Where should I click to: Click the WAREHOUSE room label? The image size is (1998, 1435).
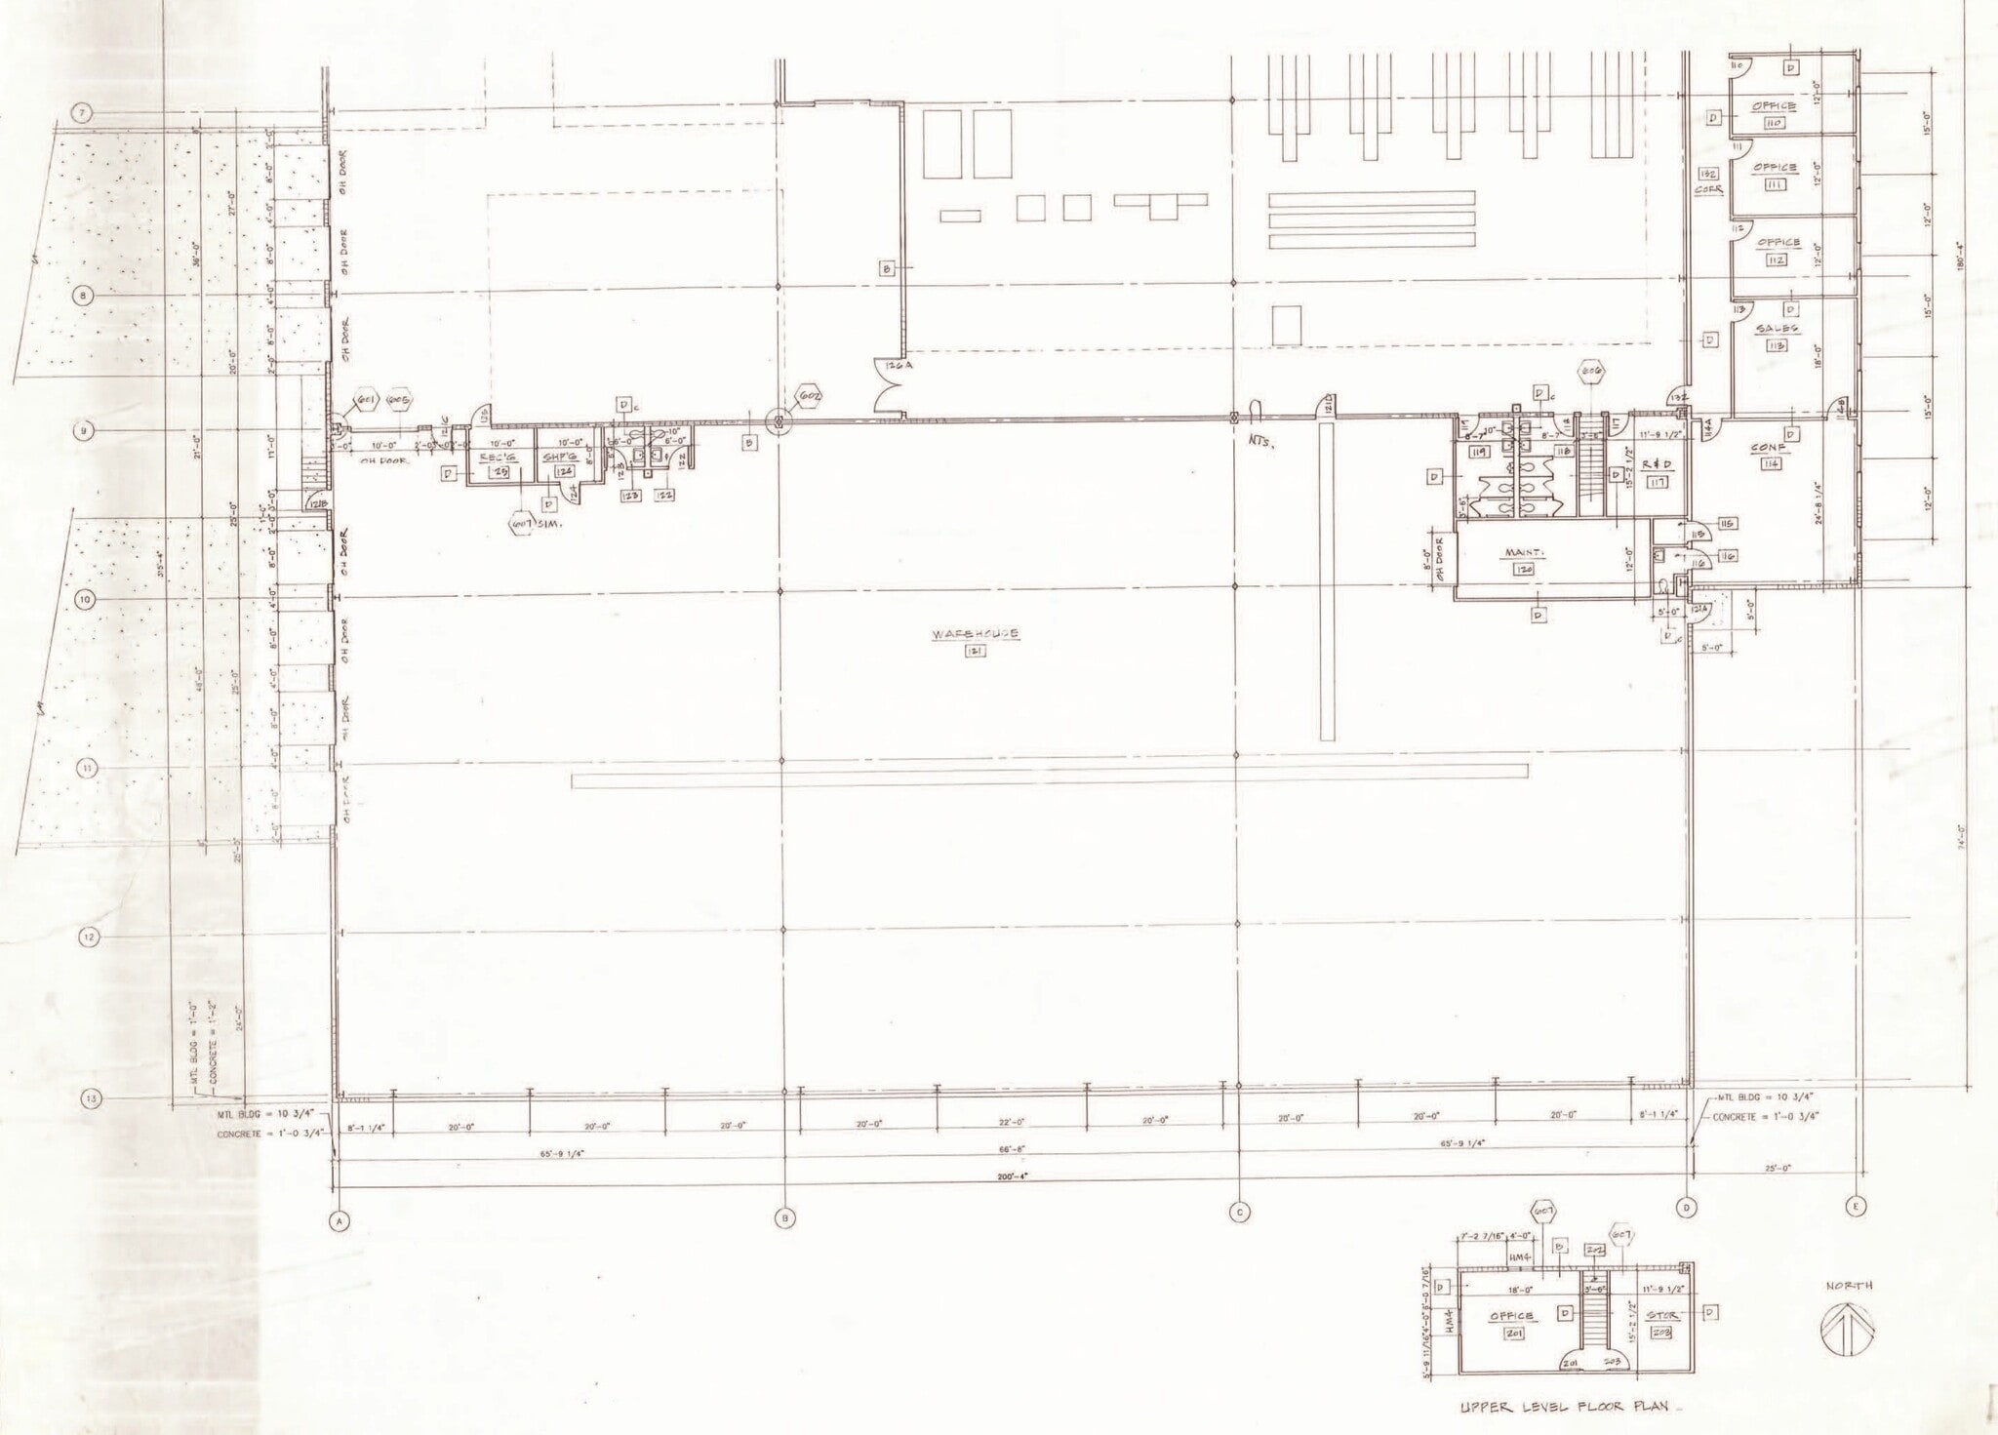(975, 634)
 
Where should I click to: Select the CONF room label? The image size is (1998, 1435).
(1770, 449)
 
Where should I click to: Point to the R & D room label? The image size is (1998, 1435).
(1657, 465)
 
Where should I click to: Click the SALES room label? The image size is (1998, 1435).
(1777, 329)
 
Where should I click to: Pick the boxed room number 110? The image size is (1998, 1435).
(1774, 123)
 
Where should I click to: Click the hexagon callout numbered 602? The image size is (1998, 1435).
(809, 397)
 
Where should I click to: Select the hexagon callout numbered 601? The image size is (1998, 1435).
(366, 401)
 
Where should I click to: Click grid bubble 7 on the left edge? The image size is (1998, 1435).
(83, 114)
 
